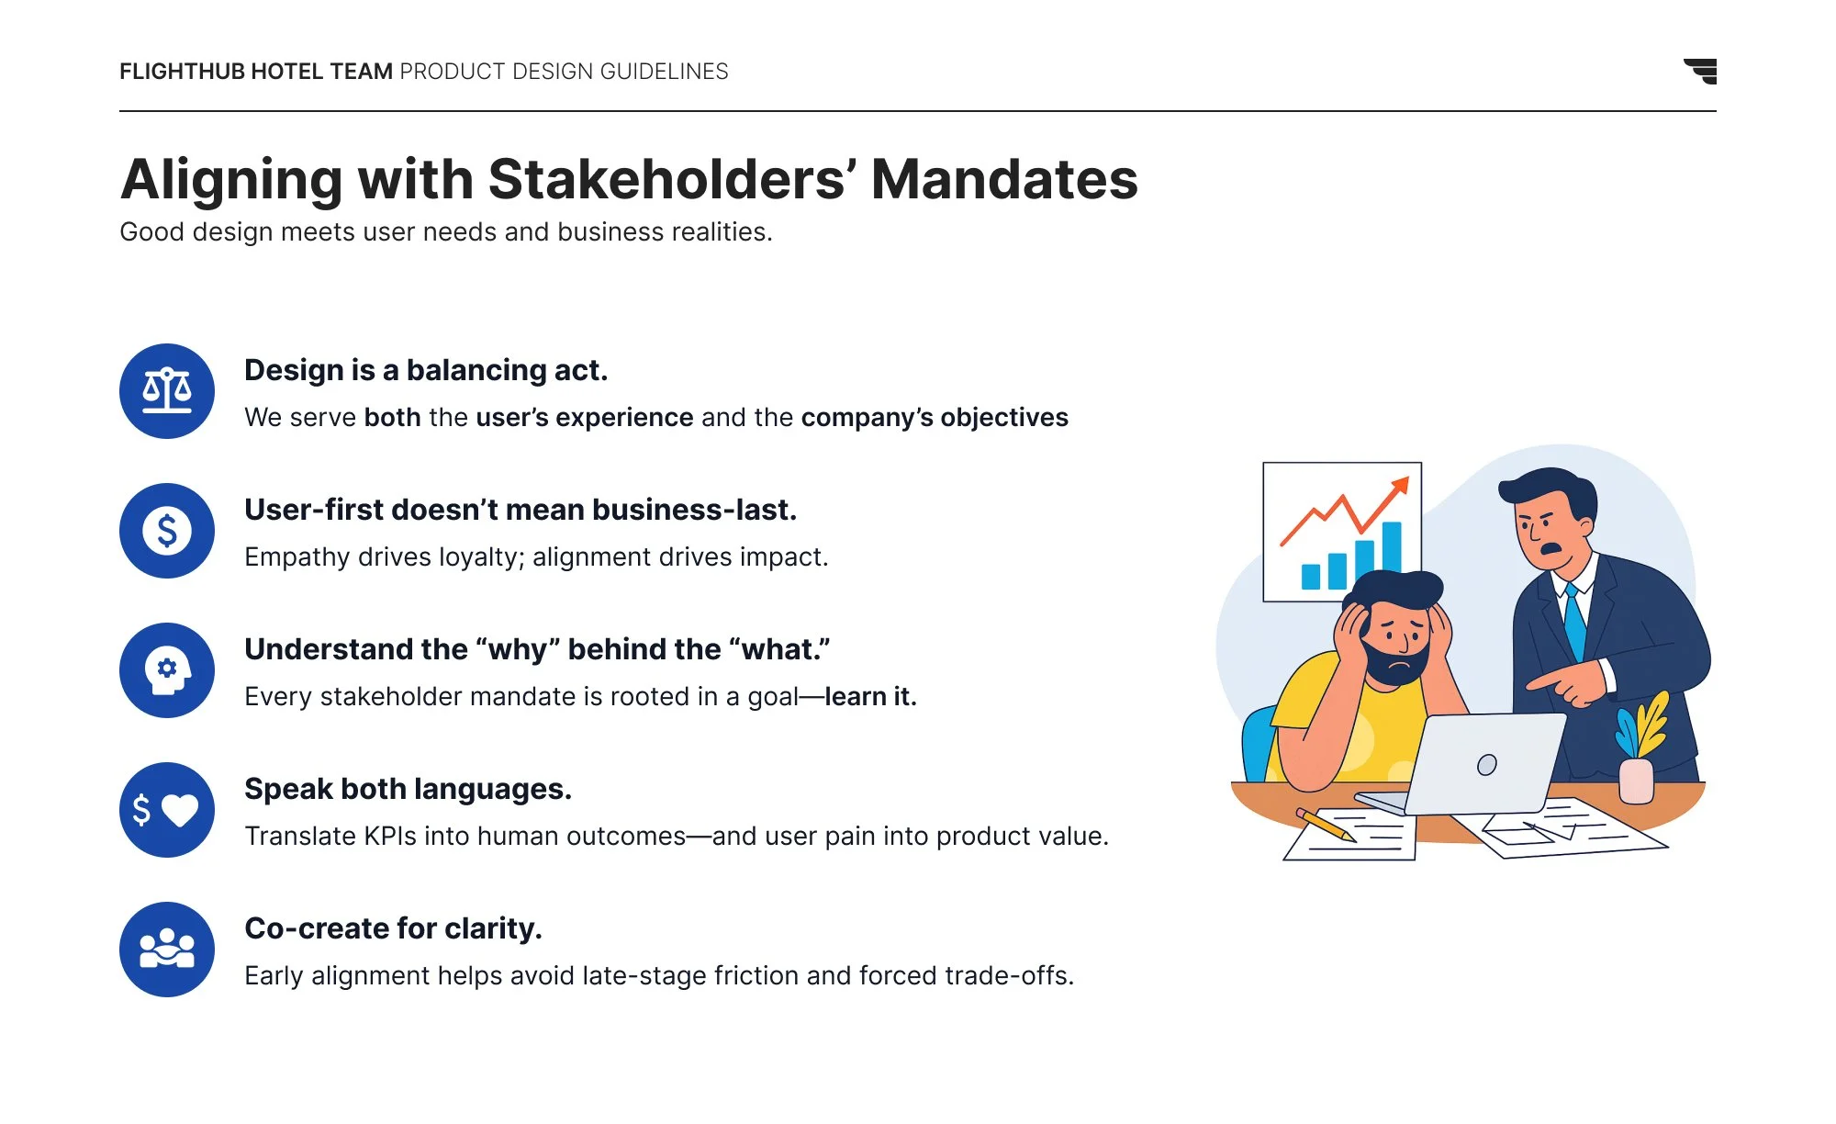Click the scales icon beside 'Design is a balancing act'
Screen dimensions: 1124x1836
coord(167,391)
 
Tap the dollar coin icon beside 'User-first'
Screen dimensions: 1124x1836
coord(167,531)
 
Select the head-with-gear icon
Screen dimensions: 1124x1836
coord(167,670)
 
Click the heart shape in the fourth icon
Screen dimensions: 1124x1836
coord(180,809)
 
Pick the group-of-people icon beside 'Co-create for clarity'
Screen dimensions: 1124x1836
coord(167,950)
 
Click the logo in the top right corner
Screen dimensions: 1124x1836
coord(1701,71)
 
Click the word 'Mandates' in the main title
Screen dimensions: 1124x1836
coord(1004,179)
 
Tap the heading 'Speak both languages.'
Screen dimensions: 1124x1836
coord(408,789)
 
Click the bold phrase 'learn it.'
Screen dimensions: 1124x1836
coord(870,697)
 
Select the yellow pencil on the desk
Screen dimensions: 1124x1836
coord(1326,825)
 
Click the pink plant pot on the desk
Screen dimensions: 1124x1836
coord(1636,781)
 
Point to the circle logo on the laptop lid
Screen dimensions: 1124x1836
coord(1487,764)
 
